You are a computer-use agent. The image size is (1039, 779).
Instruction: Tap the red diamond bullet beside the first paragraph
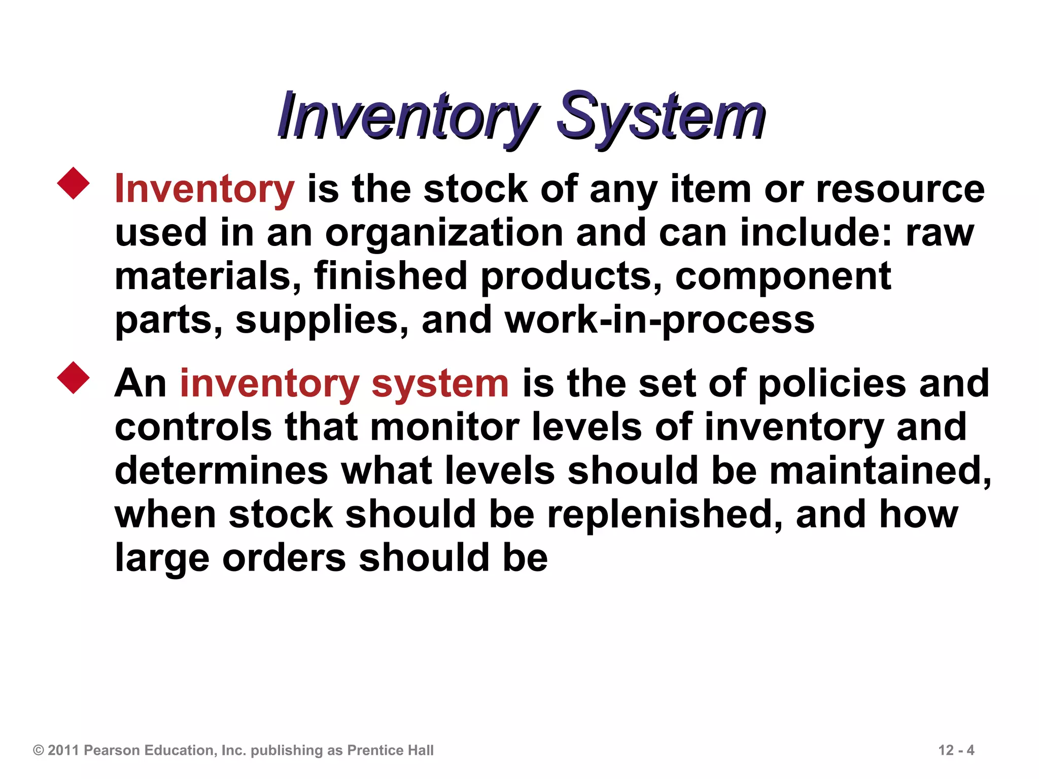[x=74, y=183]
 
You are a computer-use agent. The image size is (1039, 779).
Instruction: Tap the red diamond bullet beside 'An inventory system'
[x=74, y=378]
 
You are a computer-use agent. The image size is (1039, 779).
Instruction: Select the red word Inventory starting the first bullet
[x=204, y=189]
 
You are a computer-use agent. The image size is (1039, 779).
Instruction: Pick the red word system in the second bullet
[x=440, y=383]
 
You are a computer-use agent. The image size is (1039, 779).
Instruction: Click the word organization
[x=444, y=232]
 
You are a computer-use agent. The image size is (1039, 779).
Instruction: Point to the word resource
[x=900, y=189]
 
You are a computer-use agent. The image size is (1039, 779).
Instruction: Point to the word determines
[x=222, y=471]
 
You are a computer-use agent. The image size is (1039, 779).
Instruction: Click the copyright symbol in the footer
[x=39, y=750]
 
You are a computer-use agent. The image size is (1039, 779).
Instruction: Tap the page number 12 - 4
[x=956, y=750]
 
